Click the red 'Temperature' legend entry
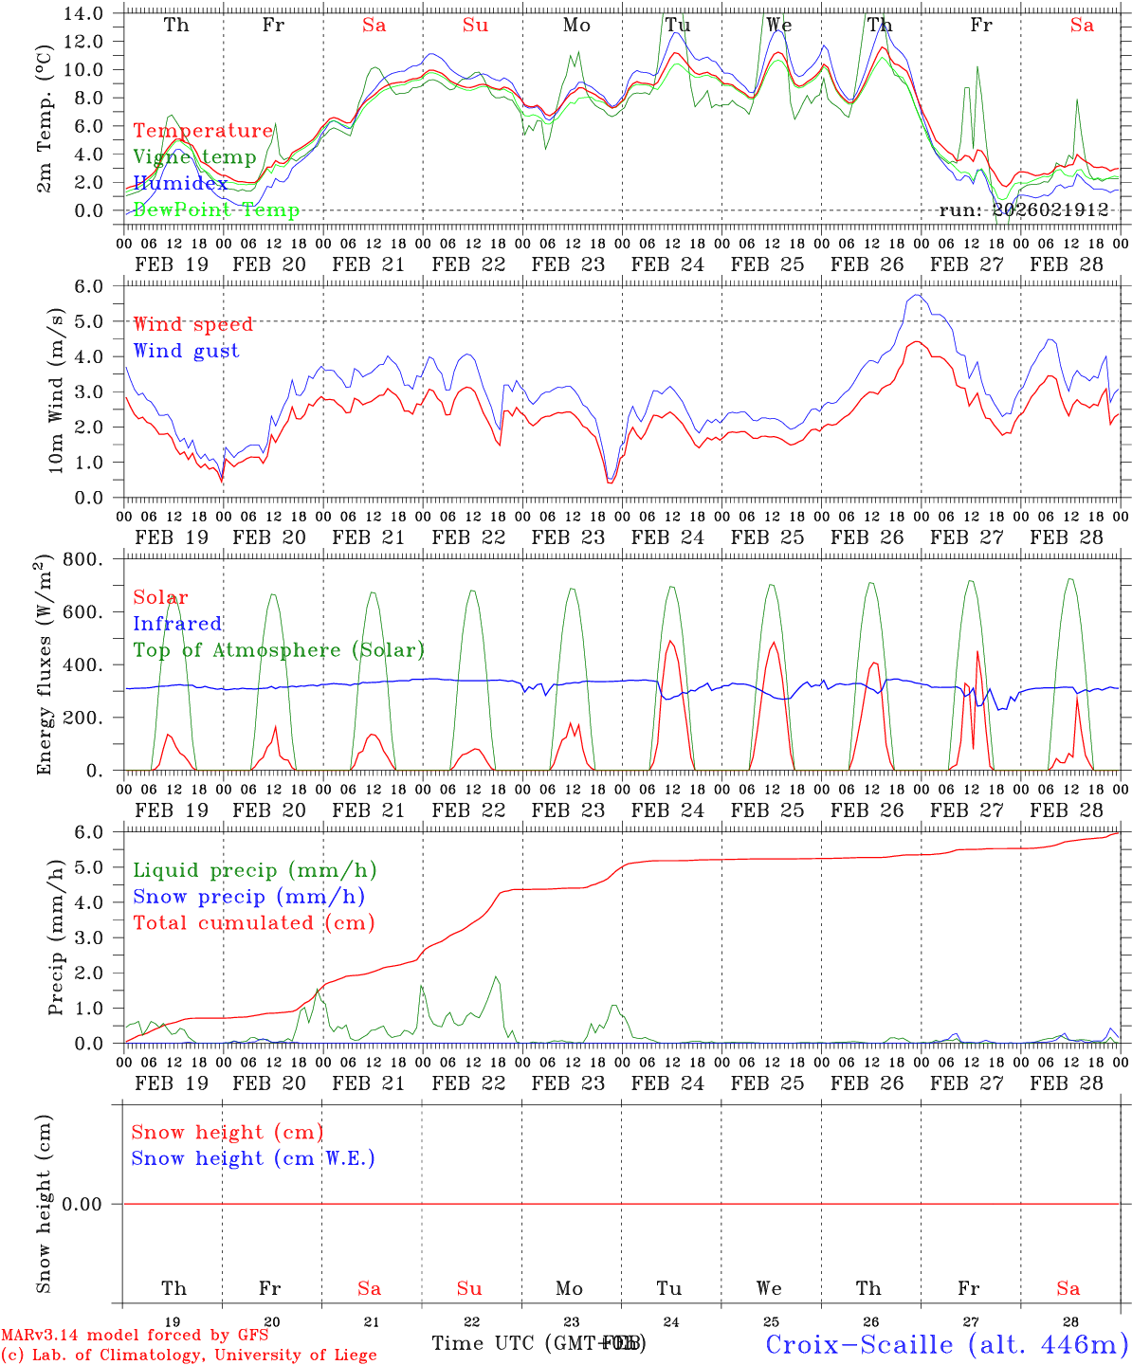pos(203,131)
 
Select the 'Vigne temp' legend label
pos(194,157)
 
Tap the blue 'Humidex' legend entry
pos(180,184)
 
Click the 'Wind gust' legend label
pos(186,351)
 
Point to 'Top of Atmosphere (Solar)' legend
pos(279,650)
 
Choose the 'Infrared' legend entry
pos(177,624)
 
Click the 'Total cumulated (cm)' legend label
pos(254,922)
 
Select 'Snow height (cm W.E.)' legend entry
pos(253,1158)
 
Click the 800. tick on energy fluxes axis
pos(84,560)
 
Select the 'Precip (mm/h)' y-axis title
pos(57,937)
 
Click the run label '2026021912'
pos(1023,209)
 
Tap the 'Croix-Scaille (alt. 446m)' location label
pos(946,1344)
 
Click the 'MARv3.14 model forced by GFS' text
pos(135,1336)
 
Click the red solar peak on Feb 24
pos(671,641)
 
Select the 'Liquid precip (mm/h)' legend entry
pos(255,870)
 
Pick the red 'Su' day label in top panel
pos(475,26)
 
